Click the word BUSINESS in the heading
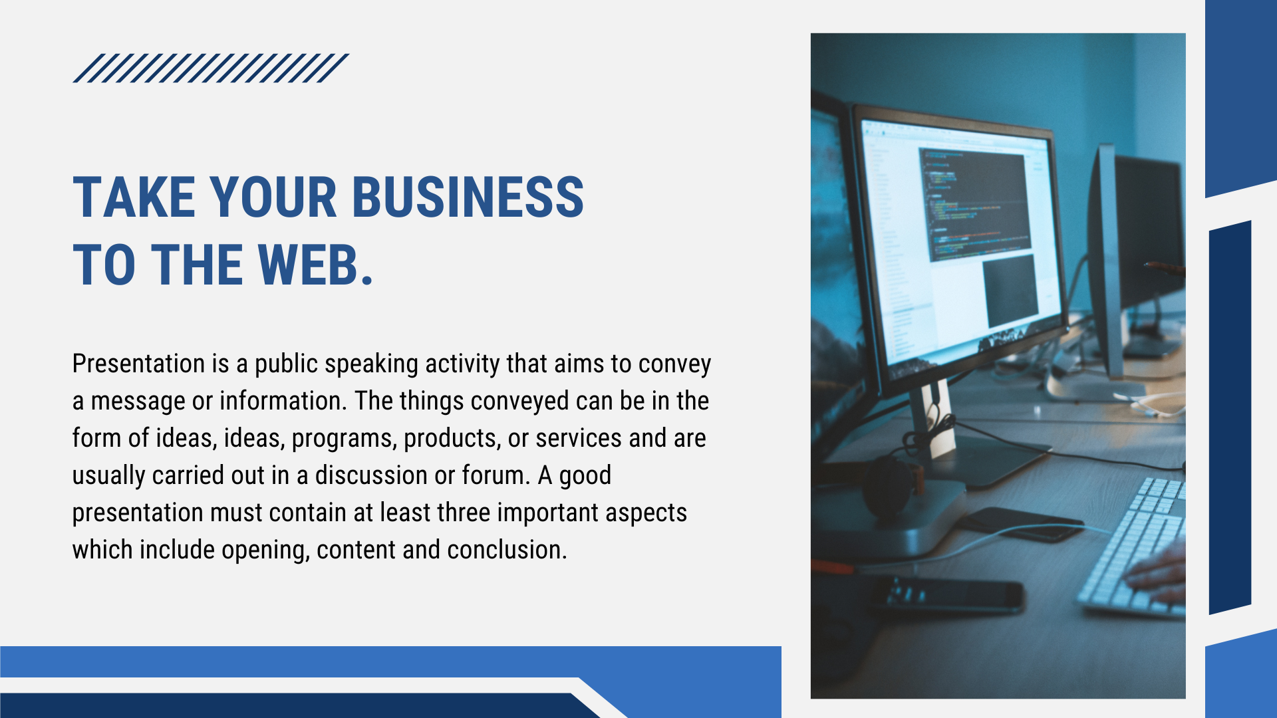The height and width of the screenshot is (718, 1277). pos(468,197)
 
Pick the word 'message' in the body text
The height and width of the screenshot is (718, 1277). pos(138,402)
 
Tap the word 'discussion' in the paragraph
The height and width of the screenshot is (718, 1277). pos(372,475)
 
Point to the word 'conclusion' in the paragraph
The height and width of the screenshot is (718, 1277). pos(505,550)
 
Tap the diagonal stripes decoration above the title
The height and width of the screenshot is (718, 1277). pos(211,68)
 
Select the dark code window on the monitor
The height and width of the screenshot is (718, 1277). pos(975,203)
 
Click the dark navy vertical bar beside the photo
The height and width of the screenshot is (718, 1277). pos(1230,418)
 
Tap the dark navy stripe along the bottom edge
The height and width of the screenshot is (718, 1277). pos(293,705)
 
